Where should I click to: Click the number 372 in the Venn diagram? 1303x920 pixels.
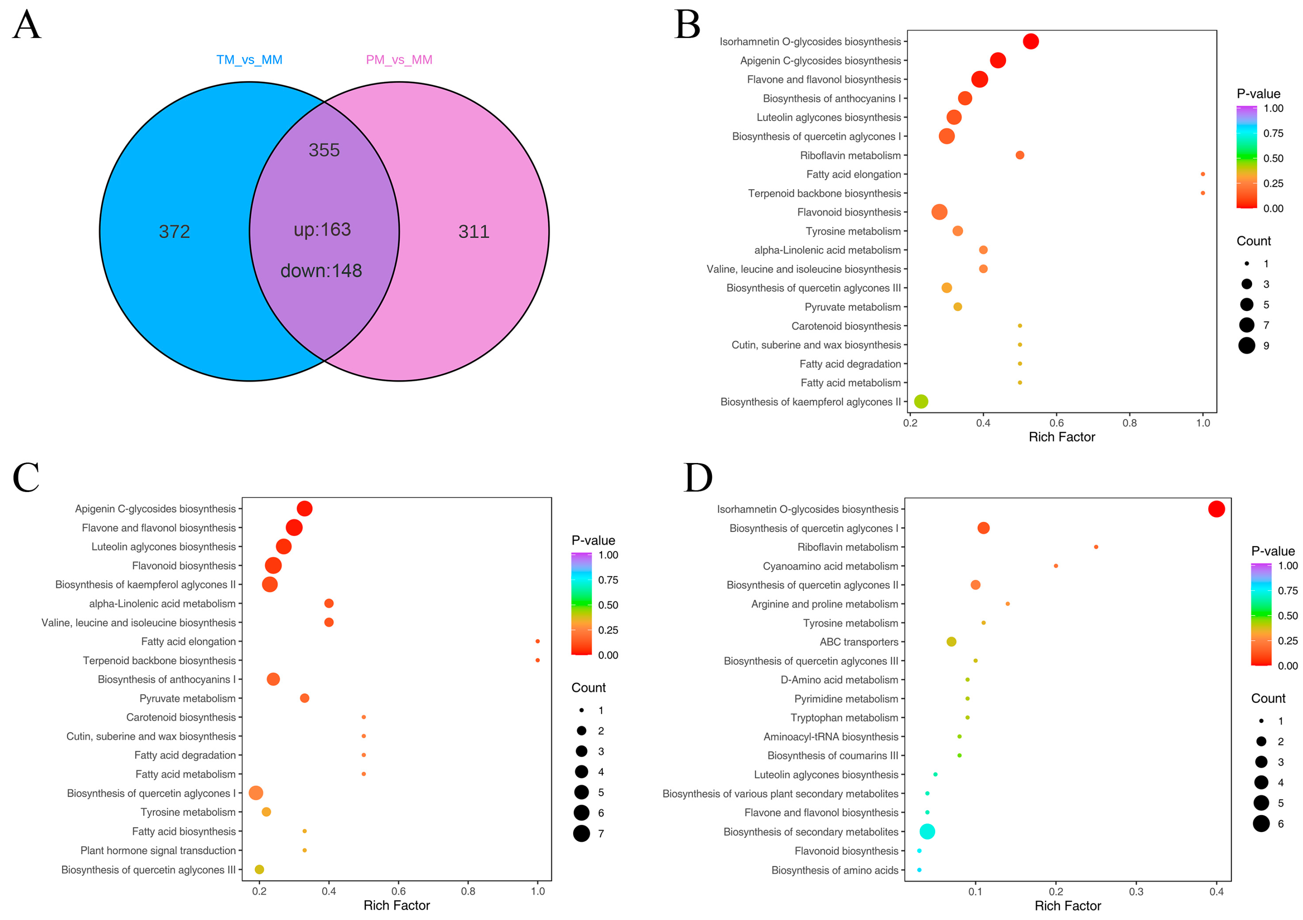pyautogui.click(x=174, y=232)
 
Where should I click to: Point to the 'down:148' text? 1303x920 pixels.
pyautogui.click(x=321, y=271)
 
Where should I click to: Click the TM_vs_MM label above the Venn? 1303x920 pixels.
pyautogui.click(x=249, y=60)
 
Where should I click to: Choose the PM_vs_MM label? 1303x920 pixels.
pyautogui.click(x=399, y=60)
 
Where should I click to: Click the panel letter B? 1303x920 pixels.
pyautogui.click(x=687, y=25)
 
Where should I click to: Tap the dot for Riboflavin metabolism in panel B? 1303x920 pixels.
pyautogui.click(x=1020, y=155)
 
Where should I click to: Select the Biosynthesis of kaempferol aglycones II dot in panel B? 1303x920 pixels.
pyautogui.click(x=921, y=401)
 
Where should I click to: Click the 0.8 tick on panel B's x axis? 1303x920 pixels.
pyautogui.click(x=1130, y=423)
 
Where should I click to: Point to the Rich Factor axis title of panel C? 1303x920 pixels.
pyautogui.click(x=397, y=905)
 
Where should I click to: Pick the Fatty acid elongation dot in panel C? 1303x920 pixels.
pyautogui.click(x=537, y=641)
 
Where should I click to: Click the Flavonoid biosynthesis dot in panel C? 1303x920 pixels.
pyautogui.click(x=273, y=565)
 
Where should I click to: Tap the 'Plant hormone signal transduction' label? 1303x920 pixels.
pyautogui.click(x=158, y=850)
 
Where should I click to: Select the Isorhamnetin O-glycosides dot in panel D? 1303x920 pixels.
pyautogui.click(x=1216, y=509)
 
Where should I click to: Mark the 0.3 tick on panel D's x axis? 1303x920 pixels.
pyautogui.click(x=1136, y=892)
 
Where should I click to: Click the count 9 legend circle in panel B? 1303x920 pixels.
pyautogui.click(x=1247, y=345)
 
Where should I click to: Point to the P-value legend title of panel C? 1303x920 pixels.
pyautogui.click(x=593, y=540)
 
